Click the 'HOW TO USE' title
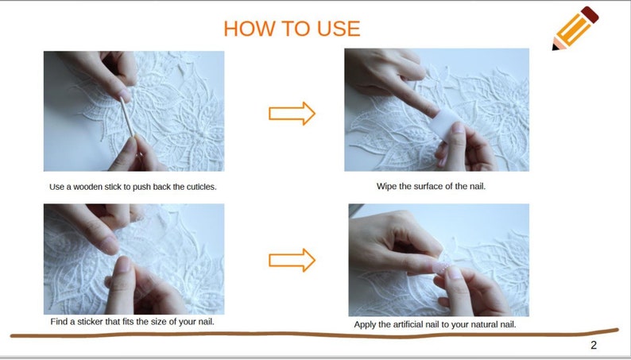click(292, 29)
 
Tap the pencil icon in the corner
click(575, 29)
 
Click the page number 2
click(594, 345)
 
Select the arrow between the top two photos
click(292, 114)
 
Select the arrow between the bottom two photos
click(292, 260)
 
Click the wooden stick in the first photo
click(128, 118)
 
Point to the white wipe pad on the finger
click(447, 122)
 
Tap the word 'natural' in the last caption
click(484, 324)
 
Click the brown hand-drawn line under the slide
click(314, 335)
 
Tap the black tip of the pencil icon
click(556, 48)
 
